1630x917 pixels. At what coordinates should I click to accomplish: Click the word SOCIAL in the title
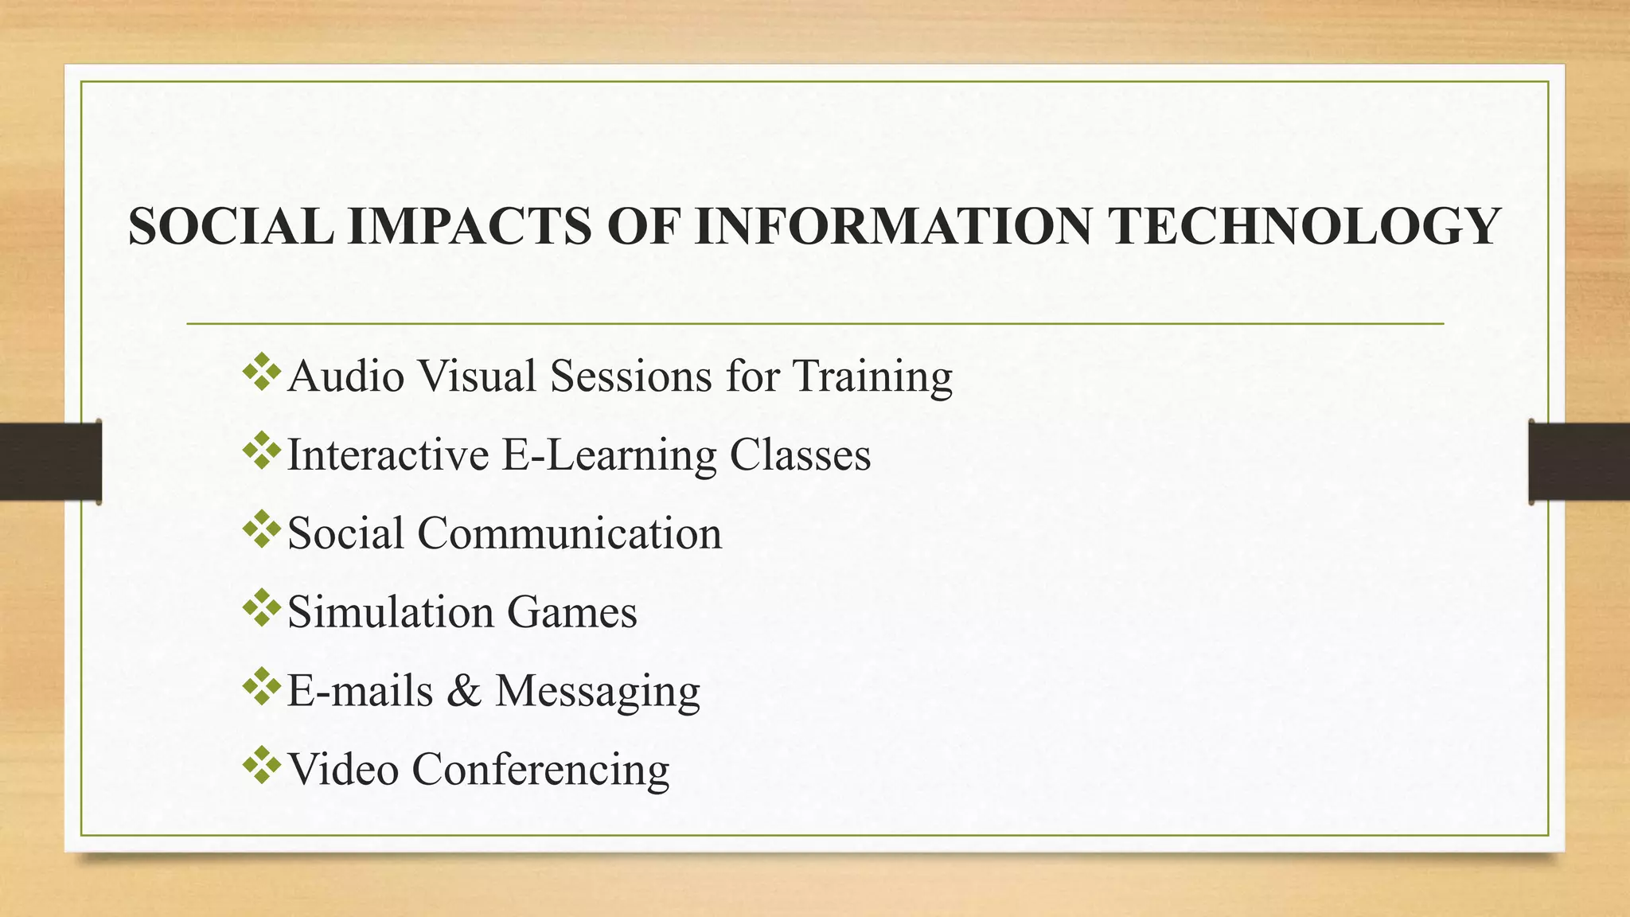pyautogui.click(x=231, y=226)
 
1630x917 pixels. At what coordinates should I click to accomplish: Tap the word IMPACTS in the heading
pyautogui.click(x=470, y=226)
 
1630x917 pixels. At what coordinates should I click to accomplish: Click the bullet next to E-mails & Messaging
pyautogui.click(x=262, y=688)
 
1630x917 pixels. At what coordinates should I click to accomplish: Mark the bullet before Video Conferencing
pyautogui.click(x=262, y=767)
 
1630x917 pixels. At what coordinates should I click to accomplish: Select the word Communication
pyautogui.click(x=570, y=533)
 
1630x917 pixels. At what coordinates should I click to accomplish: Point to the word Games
pyautogui.click(x=572, y=612)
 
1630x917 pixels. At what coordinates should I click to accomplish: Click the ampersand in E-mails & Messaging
pyautogui.click(x=464, y=690)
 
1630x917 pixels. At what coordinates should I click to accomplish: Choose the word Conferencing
pyautogui.click(x=540, y=769)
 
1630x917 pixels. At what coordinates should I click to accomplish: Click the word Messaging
pyautogui.click(x=598, y=691)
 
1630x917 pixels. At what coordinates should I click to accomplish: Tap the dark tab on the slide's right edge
pyautogui.click(x=1579, y=462)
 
